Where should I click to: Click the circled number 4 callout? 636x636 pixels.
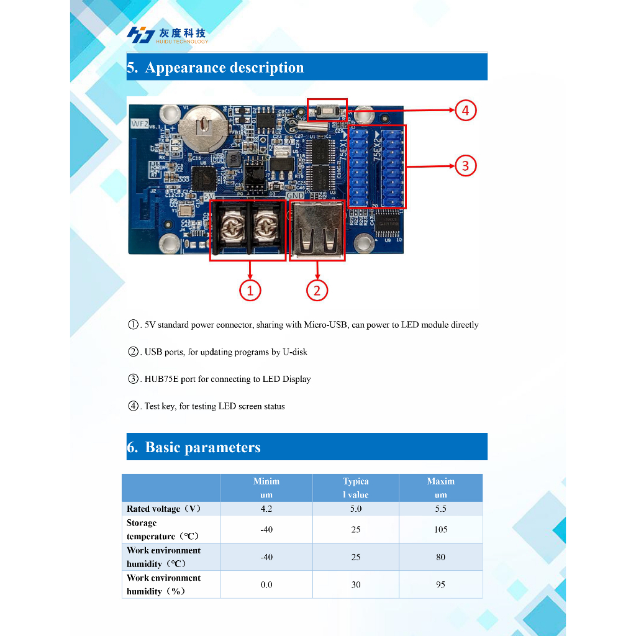coord(465,111)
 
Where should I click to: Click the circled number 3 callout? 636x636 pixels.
coord(465,166)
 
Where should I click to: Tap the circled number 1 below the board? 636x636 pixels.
coord(250,290)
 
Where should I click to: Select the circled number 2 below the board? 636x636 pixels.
coord(317,290)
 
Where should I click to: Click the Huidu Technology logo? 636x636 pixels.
coord(167,35)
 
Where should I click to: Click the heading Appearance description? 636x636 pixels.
coord(224,68)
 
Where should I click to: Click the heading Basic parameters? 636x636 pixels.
coord(202,447)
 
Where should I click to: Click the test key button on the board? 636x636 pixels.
coord(327,112)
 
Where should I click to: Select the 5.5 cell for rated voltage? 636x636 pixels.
coord(440,509)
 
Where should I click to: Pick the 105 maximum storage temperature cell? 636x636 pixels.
coord(440,529)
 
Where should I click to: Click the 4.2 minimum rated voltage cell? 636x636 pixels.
coord(266,509)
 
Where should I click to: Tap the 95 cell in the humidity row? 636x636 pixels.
coord(440,584)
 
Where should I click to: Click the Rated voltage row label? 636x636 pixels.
coord(163,509)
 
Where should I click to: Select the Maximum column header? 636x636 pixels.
coord(440,488)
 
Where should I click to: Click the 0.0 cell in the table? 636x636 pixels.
coord(266,584)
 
